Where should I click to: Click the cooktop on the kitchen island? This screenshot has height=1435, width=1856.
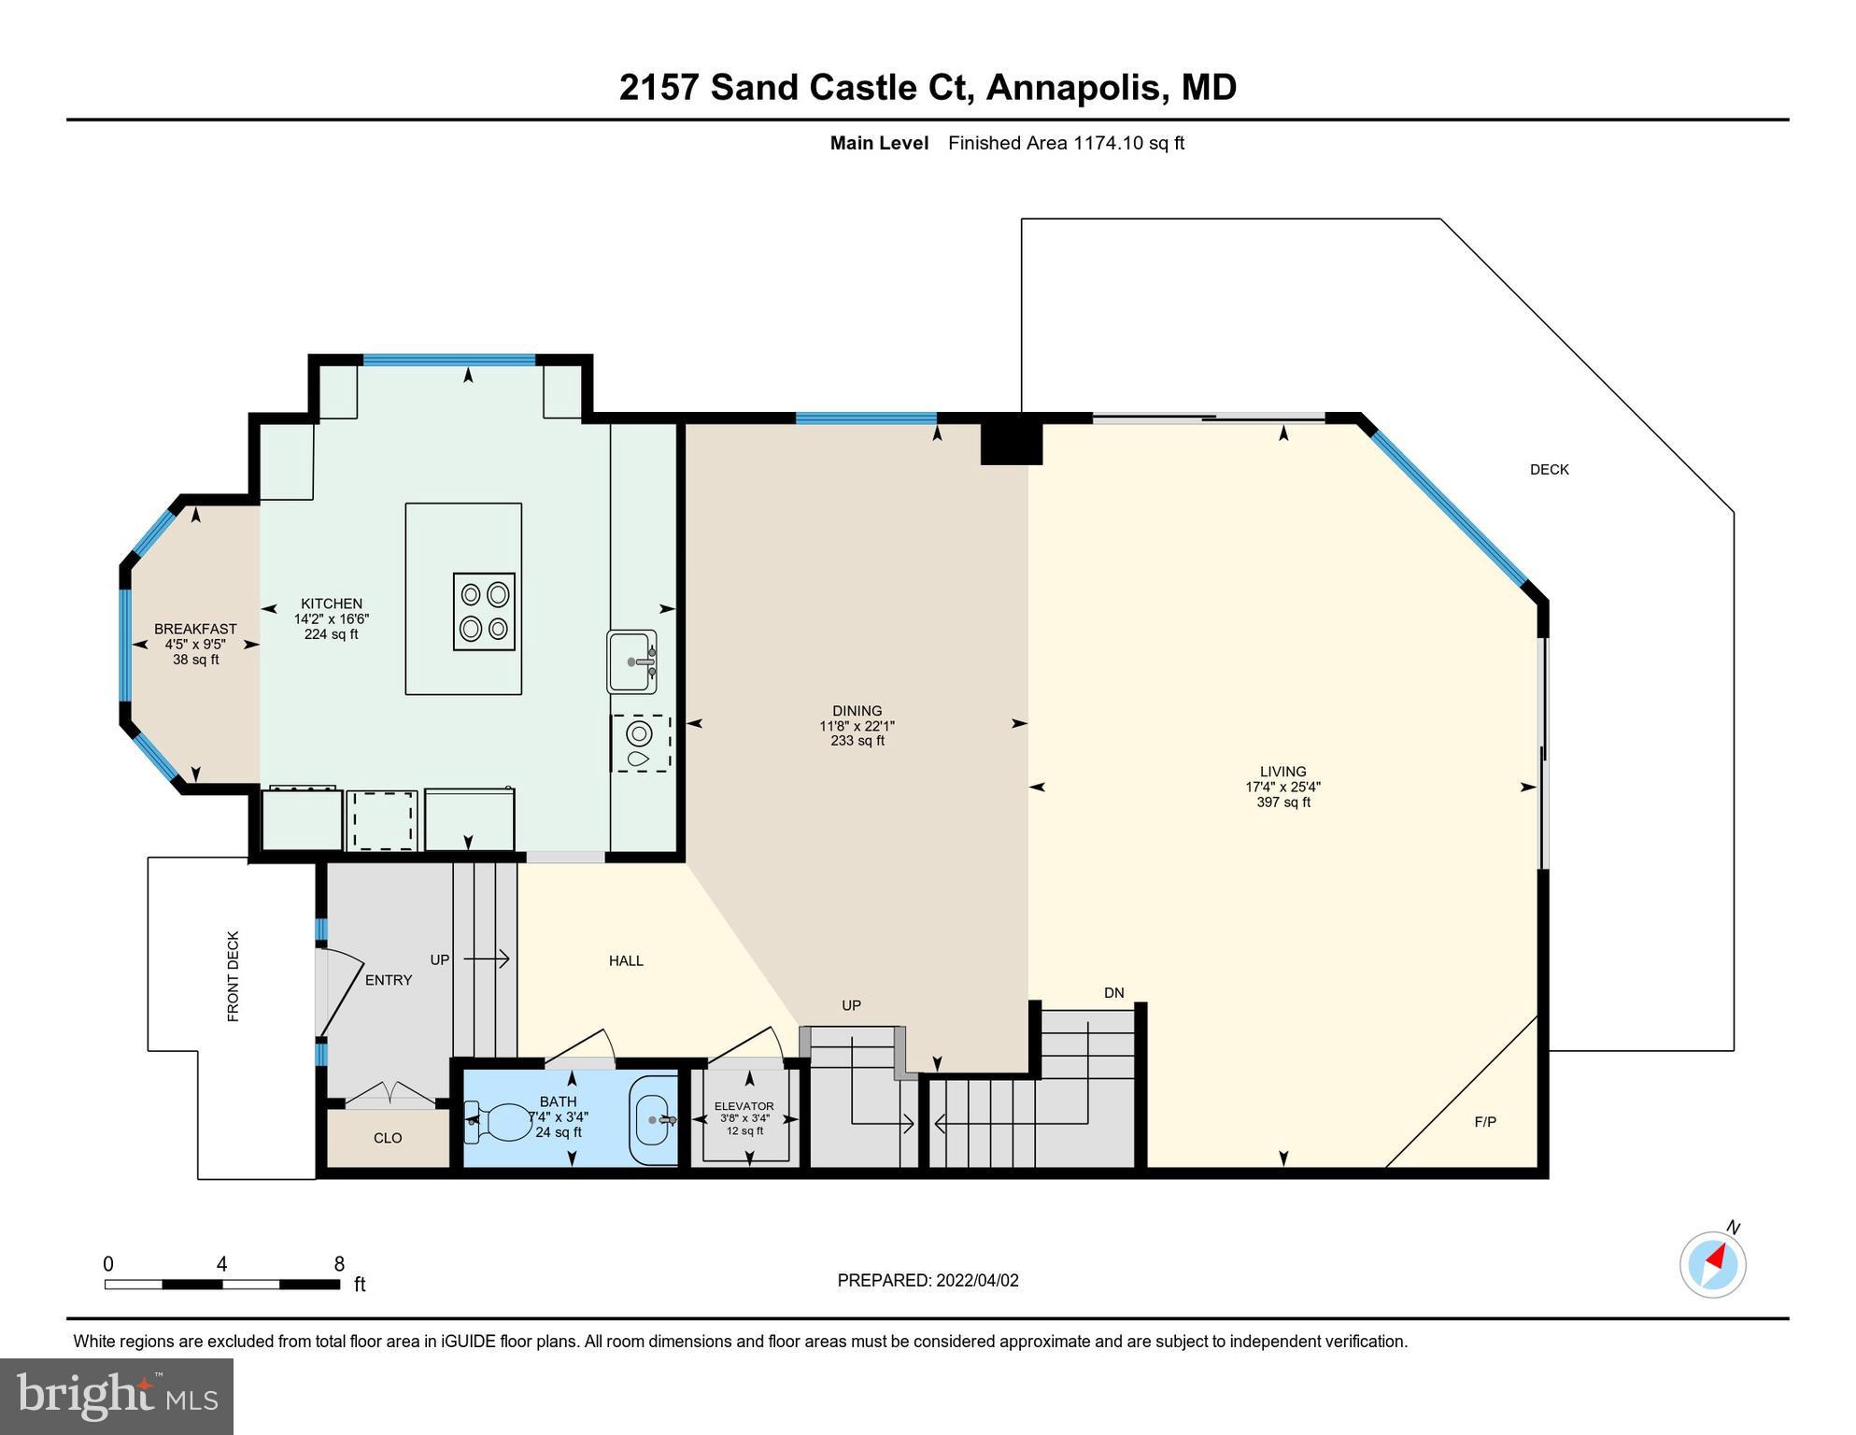(x=484, y=612)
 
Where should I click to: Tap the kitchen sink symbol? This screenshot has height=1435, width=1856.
(x=632, y=661)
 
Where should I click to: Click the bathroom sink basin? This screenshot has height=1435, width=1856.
(x=651, y=1119)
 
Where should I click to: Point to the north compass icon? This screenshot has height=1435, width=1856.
(x=1712, y=1265)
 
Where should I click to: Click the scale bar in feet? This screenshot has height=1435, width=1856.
(x=222, y=1284)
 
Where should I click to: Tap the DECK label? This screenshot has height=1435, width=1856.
(x=1549, y=470)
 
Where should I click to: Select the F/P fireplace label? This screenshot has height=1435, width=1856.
(x=1485, y=1122)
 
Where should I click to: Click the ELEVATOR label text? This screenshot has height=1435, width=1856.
(x=744, y=1106)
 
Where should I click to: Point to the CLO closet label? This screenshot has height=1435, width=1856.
(x=388, y=1138)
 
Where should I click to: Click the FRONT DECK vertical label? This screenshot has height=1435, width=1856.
(x=234, y=976)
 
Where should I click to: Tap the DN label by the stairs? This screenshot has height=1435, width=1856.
(x=1113, y=993)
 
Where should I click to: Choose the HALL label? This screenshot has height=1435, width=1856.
(x=626, y=960)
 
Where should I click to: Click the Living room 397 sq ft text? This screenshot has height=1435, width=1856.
(x=1282, y=803)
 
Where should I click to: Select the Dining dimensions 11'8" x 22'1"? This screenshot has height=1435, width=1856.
(x=857, y=726)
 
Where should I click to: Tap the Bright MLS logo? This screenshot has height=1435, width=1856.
(x=117, y=1396)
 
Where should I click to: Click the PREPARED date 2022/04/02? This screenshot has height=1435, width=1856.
(x=928, y=1281)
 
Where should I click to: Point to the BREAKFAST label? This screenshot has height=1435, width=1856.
(x=195, y=629)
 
